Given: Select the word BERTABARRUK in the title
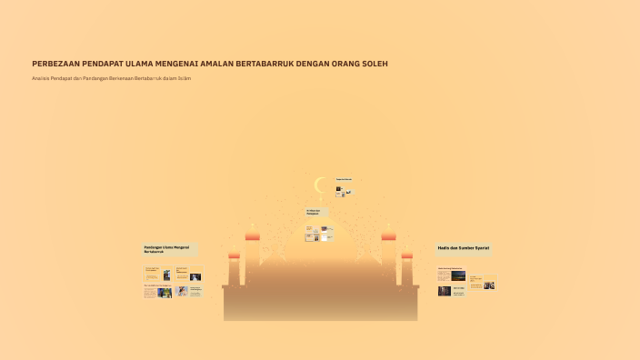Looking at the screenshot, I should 267,64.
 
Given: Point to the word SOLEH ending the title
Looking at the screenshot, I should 374,64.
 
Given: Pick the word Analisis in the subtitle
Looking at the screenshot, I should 40,79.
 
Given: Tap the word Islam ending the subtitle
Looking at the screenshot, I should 185,79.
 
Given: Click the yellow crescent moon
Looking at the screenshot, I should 319,185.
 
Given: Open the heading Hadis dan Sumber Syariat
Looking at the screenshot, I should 464,247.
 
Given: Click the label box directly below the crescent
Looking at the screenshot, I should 315,212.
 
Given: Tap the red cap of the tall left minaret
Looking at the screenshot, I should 252,236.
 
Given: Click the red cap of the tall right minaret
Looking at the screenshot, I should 388,236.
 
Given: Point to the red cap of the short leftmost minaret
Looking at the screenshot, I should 234,255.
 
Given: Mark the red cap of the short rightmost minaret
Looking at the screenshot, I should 406,255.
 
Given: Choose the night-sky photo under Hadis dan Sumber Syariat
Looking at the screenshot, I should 457,275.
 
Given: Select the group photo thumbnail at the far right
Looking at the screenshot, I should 489,285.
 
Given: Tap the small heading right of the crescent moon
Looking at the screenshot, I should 344,178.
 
